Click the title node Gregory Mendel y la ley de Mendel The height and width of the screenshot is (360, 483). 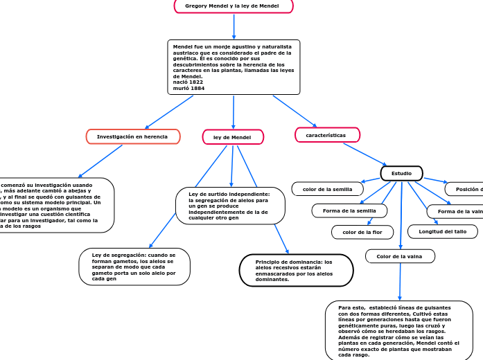point(234,6)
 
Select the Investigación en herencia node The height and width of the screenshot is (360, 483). point(132,137)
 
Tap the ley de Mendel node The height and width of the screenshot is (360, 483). point(233,138)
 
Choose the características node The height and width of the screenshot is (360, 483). point(327,135)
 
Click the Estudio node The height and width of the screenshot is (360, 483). point(401,173)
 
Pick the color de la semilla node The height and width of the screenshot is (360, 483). point(327,189)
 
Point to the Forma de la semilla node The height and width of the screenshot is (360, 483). point(349,210)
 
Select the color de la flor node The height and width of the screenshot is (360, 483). point(362,233)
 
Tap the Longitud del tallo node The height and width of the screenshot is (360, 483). point(442,232)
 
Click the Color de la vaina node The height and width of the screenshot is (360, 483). point(400,256)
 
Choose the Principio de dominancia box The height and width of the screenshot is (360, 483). point(294,271)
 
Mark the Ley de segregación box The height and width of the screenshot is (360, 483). point(134,267)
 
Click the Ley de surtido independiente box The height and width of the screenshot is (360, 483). point(229,206)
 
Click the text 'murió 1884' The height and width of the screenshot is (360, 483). point(188,89)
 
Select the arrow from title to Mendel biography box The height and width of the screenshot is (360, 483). point(234,26)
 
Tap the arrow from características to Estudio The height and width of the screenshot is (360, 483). point(365,154)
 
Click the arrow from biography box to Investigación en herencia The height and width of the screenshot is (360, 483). point(169,111)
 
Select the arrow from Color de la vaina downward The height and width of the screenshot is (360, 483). point(400,281)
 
